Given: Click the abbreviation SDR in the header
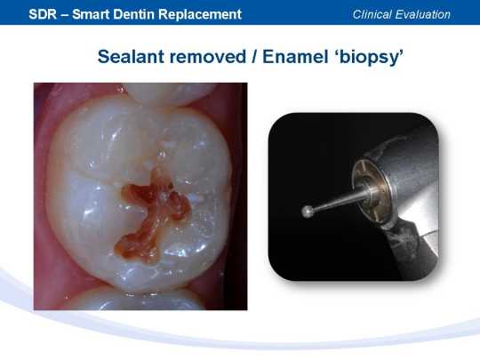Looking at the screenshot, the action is tap(43, 14).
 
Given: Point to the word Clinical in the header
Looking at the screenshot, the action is tap(372, 14).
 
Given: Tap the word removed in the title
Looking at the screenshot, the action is tap(207, 57).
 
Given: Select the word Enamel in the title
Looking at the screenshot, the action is tap(295, 57).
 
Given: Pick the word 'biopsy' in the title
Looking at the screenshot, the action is tap(368, 58).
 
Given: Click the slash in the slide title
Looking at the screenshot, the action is tap(254, 57).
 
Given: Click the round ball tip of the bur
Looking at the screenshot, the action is tap(308, 212).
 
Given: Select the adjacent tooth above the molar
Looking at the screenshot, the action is tap(170, 94).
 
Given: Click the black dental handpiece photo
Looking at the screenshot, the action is tap(354, 196).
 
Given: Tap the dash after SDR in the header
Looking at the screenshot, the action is tap(65, 15).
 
